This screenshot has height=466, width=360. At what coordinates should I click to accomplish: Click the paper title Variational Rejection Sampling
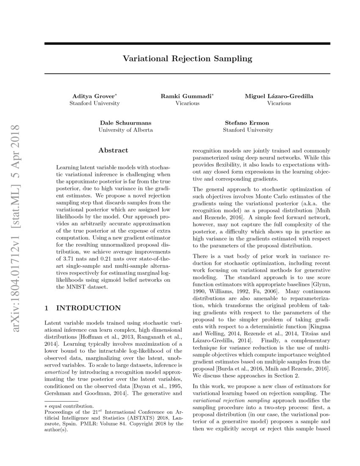187,58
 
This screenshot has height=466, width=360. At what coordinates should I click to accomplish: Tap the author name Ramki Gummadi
186,96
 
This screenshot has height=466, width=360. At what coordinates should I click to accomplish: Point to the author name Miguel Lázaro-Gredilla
279,96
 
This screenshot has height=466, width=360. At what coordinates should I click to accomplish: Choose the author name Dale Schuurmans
125,123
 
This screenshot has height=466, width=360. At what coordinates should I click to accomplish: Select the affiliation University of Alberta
125,130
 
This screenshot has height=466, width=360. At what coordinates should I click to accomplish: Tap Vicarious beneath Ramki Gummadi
187,103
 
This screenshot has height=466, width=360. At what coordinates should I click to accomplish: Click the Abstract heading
113,150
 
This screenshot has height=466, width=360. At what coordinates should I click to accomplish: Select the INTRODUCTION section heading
89,308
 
